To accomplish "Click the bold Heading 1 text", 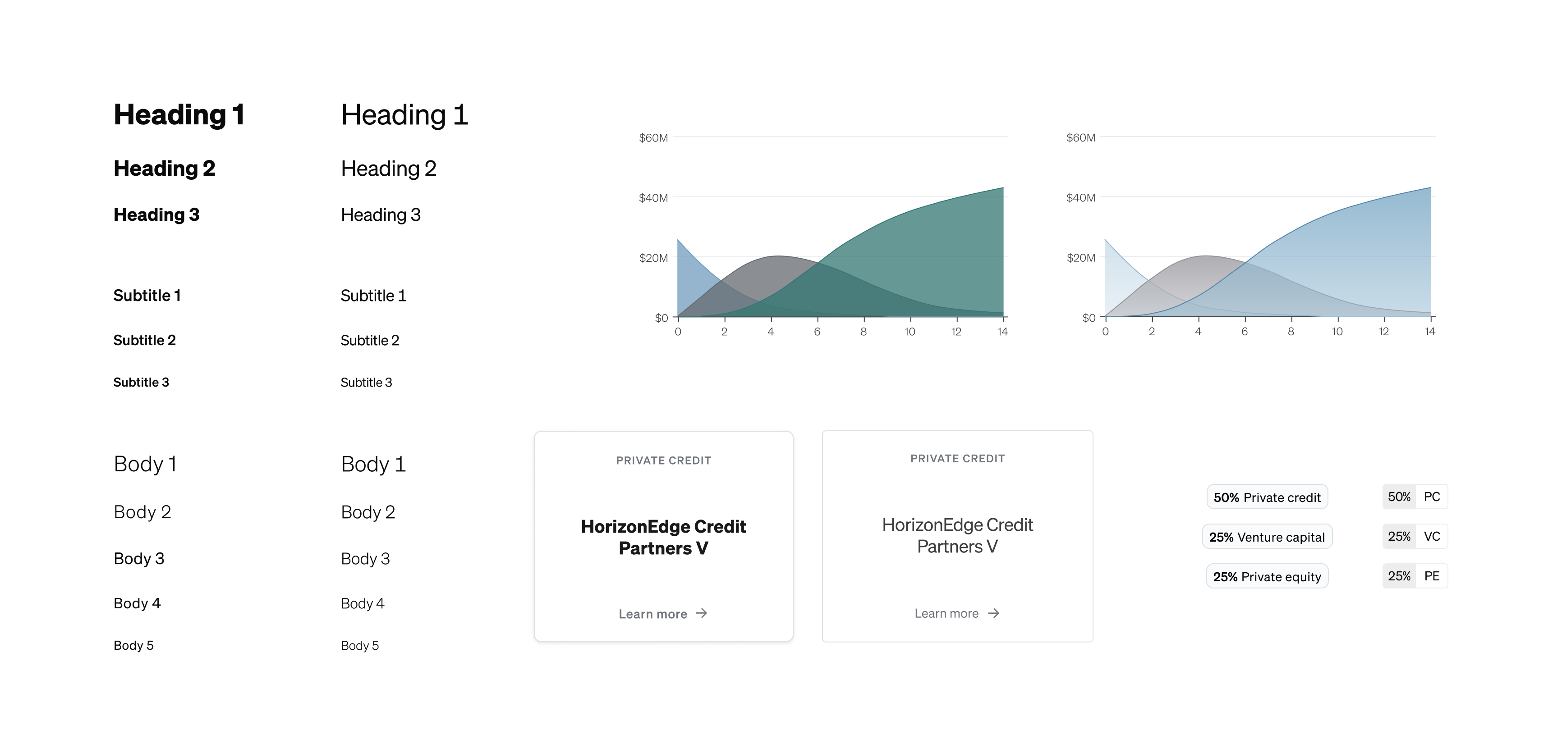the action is [x=179, y=114].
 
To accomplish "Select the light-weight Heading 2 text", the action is [x=389, y=169].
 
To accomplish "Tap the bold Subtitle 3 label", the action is [x=141, y=383].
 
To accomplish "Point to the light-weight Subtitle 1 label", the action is [x=373, y=296].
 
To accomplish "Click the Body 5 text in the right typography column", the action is [x=359, y=646].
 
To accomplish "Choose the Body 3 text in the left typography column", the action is [x=139, y=559].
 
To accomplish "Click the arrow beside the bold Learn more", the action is [x=702, y=613].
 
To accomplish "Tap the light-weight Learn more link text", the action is [x=946, y=613].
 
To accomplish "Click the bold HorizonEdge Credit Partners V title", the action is [x=663, y=538].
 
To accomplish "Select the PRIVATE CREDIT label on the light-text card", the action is [x=957, y=459].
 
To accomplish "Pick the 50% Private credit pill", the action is [x=1267, y=497].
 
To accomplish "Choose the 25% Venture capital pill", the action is [x=1267, y=537].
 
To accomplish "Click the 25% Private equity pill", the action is [x=1267, y=576].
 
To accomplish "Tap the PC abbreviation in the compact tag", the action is [x=1432, y=497].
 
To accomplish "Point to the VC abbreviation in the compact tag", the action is [x=1432, y=537].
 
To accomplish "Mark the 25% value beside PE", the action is [x=1399, y=576].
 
